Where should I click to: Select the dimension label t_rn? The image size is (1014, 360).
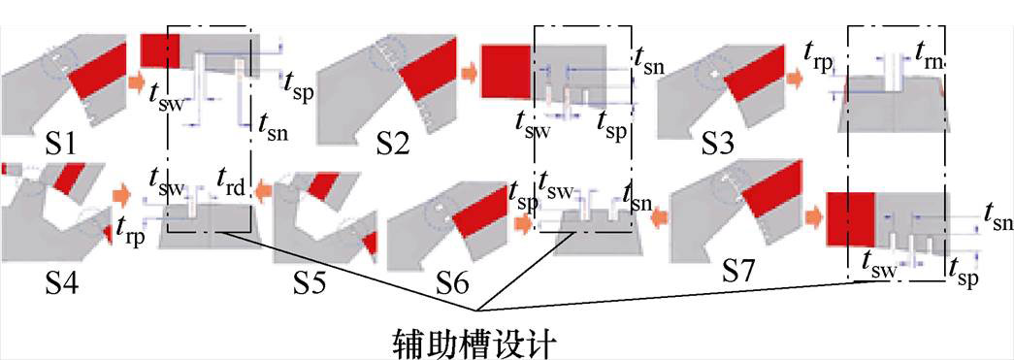pos(931,57)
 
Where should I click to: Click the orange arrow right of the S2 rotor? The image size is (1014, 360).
pos(468,72)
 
